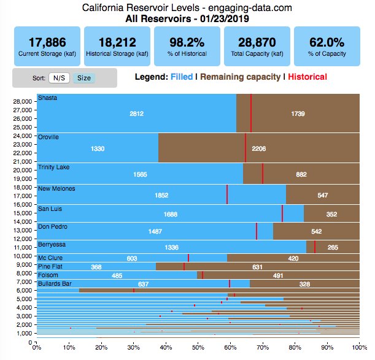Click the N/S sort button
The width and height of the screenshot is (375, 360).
(x=60, y=78)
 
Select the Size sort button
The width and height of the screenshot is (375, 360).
(x=83, y=78)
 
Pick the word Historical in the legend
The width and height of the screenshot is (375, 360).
(x=307, y=77)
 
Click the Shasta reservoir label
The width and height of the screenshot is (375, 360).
(x=47, y=98)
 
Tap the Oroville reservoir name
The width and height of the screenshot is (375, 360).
(x=48, y=137)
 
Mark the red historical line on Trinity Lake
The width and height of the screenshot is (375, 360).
(x=263, y=174)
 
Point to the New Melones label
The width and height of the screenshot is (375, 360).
(x=56, y=188)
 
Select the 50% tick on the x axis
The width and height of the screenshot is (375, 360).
(x=198, y=348)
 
